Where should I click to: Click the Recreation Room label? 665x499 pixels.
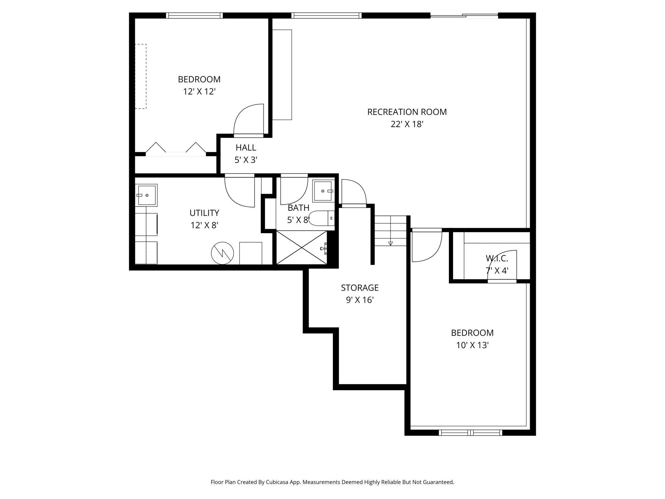pos(407,112)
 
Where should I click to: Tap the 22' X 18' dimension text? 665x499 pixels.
pos(407,124)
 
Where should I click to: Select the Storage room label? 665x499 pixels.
pos(360,288)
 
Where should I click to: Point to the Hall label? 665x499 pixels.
pos(246,147)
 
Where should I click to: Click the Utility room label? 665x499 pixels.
pos(204,213)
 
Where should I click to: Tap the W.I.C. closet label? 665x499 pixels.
pos(497,258)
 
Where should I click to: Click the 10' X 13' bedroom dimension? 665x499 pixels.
pos(473,345)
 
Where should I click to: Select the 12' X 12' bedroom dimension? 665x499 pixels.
pos(199,92)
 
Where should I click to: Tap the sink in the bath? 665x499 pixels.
pos(323,191)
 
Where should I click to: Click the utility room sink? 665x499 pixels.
pos(146,195)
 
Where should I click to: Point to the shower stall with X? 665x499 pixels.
pos(301,248)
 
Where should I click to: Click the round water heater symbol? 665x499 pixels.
pos(223,253)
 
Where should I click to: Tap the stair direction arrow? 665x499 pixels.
pos(390,243)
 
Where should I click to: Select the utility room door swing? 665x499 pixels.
pos(240,191)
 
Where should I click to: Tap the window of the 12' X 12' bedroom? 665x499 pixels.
pos(194,15)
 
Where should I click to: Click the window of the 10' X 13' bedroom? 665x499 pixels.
pos(470,433)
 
